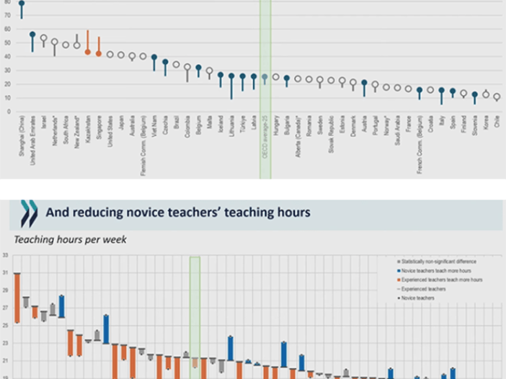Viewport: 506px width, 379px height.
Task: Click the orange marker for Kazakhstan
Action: coord(88,52)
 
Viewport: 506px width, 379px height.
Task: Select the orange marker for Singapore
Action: coord(99,53)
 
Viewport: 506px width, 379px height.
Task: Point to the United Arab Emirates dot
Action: coord(32,35)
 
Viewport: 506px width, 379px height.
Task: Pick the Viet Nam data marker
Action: coord(154,58)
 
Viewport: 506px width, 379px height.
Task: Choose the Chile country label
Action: coord(497,127)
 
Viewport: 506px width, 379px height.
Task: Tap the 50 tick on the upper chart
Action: coord(7,43)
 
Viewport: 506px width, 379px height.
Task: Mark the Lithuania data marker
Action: coord(231,76)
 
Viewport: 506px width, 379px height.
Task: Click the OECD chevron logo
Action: coord(29,213)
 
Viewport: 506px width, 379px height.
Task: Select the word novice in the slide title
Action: coord(151,213)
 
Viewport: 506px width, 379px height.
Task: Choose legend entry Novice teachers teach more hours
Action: coord(440,270)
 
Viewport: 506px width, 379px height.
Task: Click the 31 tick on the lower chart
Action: coord(5,272)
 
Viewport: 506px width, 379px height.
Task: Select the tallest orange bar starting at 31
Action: coord(17,297)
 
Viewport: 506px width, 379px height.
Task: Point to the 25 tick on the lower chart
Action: coord(5,325)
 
